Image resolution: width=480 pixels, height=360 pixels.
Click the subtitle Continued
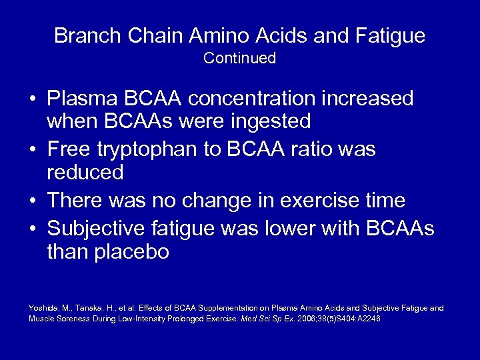click(x=240, y=59)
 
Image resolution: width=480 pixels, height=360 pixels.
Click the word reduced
click(x=85, y=173)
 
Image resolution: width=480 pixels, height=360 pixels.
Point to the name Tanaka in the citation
click(x=89, y=307)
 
